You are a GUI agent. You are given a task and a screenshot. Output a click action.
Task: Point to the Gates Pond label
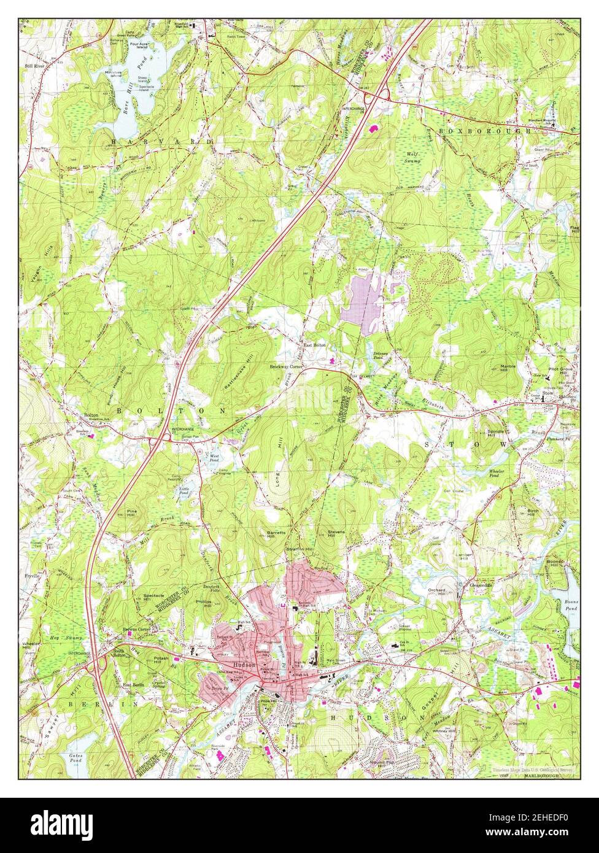[75, 757]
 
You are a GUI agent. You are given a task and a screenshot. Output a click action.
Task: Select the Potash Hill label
[161, 660]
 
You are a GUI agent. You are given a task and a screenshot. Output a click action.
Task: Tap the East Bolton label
[314, 345]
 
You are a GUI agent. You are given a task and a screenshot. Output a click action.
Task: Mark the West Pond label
[215, 458]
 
